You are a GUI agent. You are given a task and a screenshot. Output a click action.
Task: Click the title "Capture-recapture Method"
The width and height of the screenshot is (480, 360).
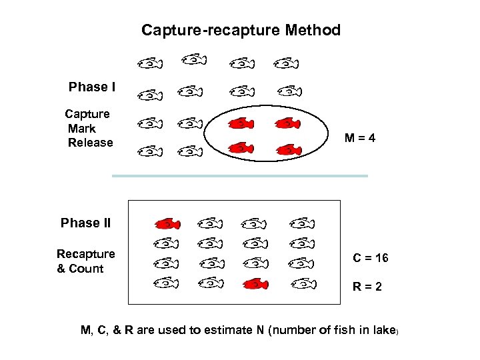click(241, 30)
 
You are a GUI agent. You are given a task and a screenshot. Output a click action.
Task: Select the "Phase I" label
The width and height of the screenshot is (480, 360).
click(92, 87)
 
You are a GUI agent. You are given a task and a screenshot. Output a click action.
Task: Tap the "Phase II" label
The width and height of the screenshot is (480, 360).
click(85, 223)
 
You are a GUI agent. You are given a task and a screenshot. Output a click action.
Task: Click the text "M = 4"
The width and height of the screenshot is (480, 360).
click(360, 139)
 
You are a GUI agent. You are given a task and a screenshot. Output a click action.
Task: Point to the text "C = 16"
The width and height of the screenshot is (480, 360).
click(371, 258)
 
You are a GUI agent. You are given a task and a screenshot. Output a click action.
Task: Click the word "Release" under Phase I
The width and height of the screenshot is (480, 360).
click(90, 143)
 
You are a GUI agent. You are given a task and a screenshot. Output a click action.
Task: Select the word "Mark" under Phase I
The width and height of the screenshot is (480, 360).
click(82, 129)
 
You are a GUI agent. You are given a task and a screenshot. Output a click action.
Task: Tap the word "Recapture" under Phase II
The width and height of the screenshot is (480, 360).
click(85, 254)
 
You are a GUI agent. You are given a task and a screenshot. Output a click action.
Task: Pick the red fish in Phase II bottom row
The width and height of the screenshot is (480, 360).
click(255, 284)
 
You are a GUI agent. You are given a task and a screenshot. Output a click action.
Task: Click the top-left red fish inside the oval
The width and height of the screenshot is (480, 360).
click(241, 123)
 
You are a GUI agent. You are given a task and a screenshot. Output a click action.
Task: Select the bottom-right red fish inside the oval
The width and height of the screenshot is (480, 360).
click(288, 149)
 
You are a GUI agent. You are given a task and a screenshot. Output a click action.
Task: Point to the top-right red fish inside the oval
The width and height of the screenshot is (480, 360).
click(287, 123)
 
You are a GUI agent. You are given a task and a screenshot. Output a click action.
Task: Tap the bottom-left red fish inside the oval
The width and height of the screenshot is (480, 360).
click(241, 148)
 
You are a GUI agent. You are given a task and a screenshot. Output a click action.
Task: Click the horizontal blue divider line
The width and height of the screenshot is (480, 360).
click(240, 176)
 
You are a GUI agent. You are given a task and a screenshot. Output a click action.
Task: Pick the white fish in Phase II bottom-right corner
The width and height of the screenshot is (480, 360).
click(303, 284)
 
